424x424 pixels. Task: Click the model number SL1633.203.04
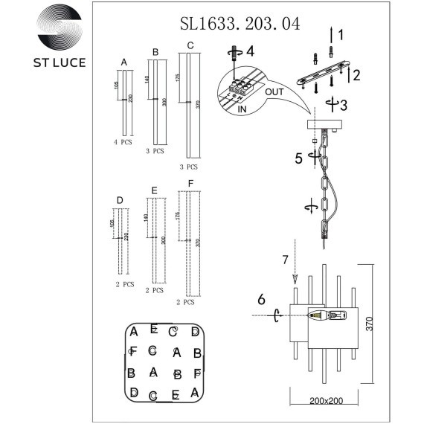(x=240, y=24)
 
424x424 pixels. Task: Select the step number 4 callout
(x=249, y=51)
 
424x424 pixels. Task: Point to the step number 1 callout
(x=340, y=34)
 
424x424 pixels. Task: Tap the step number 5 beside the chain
(x=298, y=158)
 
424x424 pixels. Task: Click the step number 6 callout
(x=260, y=299)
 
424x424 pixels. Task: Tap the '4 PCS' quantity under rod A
(x=123, y=141)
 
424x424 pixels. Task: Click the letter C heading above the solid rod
(x=190, y=46)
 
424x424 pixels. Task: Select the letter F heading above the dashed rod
(x=190, y=183)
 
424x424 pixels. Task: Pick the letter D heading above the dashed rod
(x=120, y=199)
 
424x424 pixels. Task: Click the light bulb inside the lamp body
(x=325, y=315)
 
